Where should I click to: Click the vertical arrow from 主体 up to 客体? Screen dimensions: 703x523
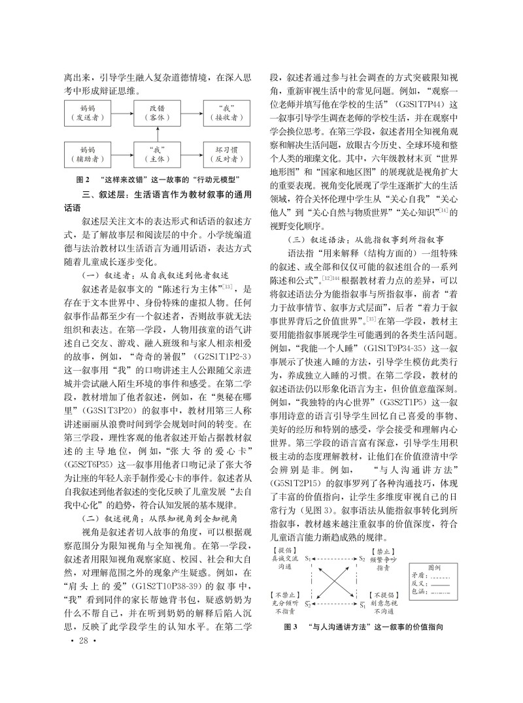point(157,133)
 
